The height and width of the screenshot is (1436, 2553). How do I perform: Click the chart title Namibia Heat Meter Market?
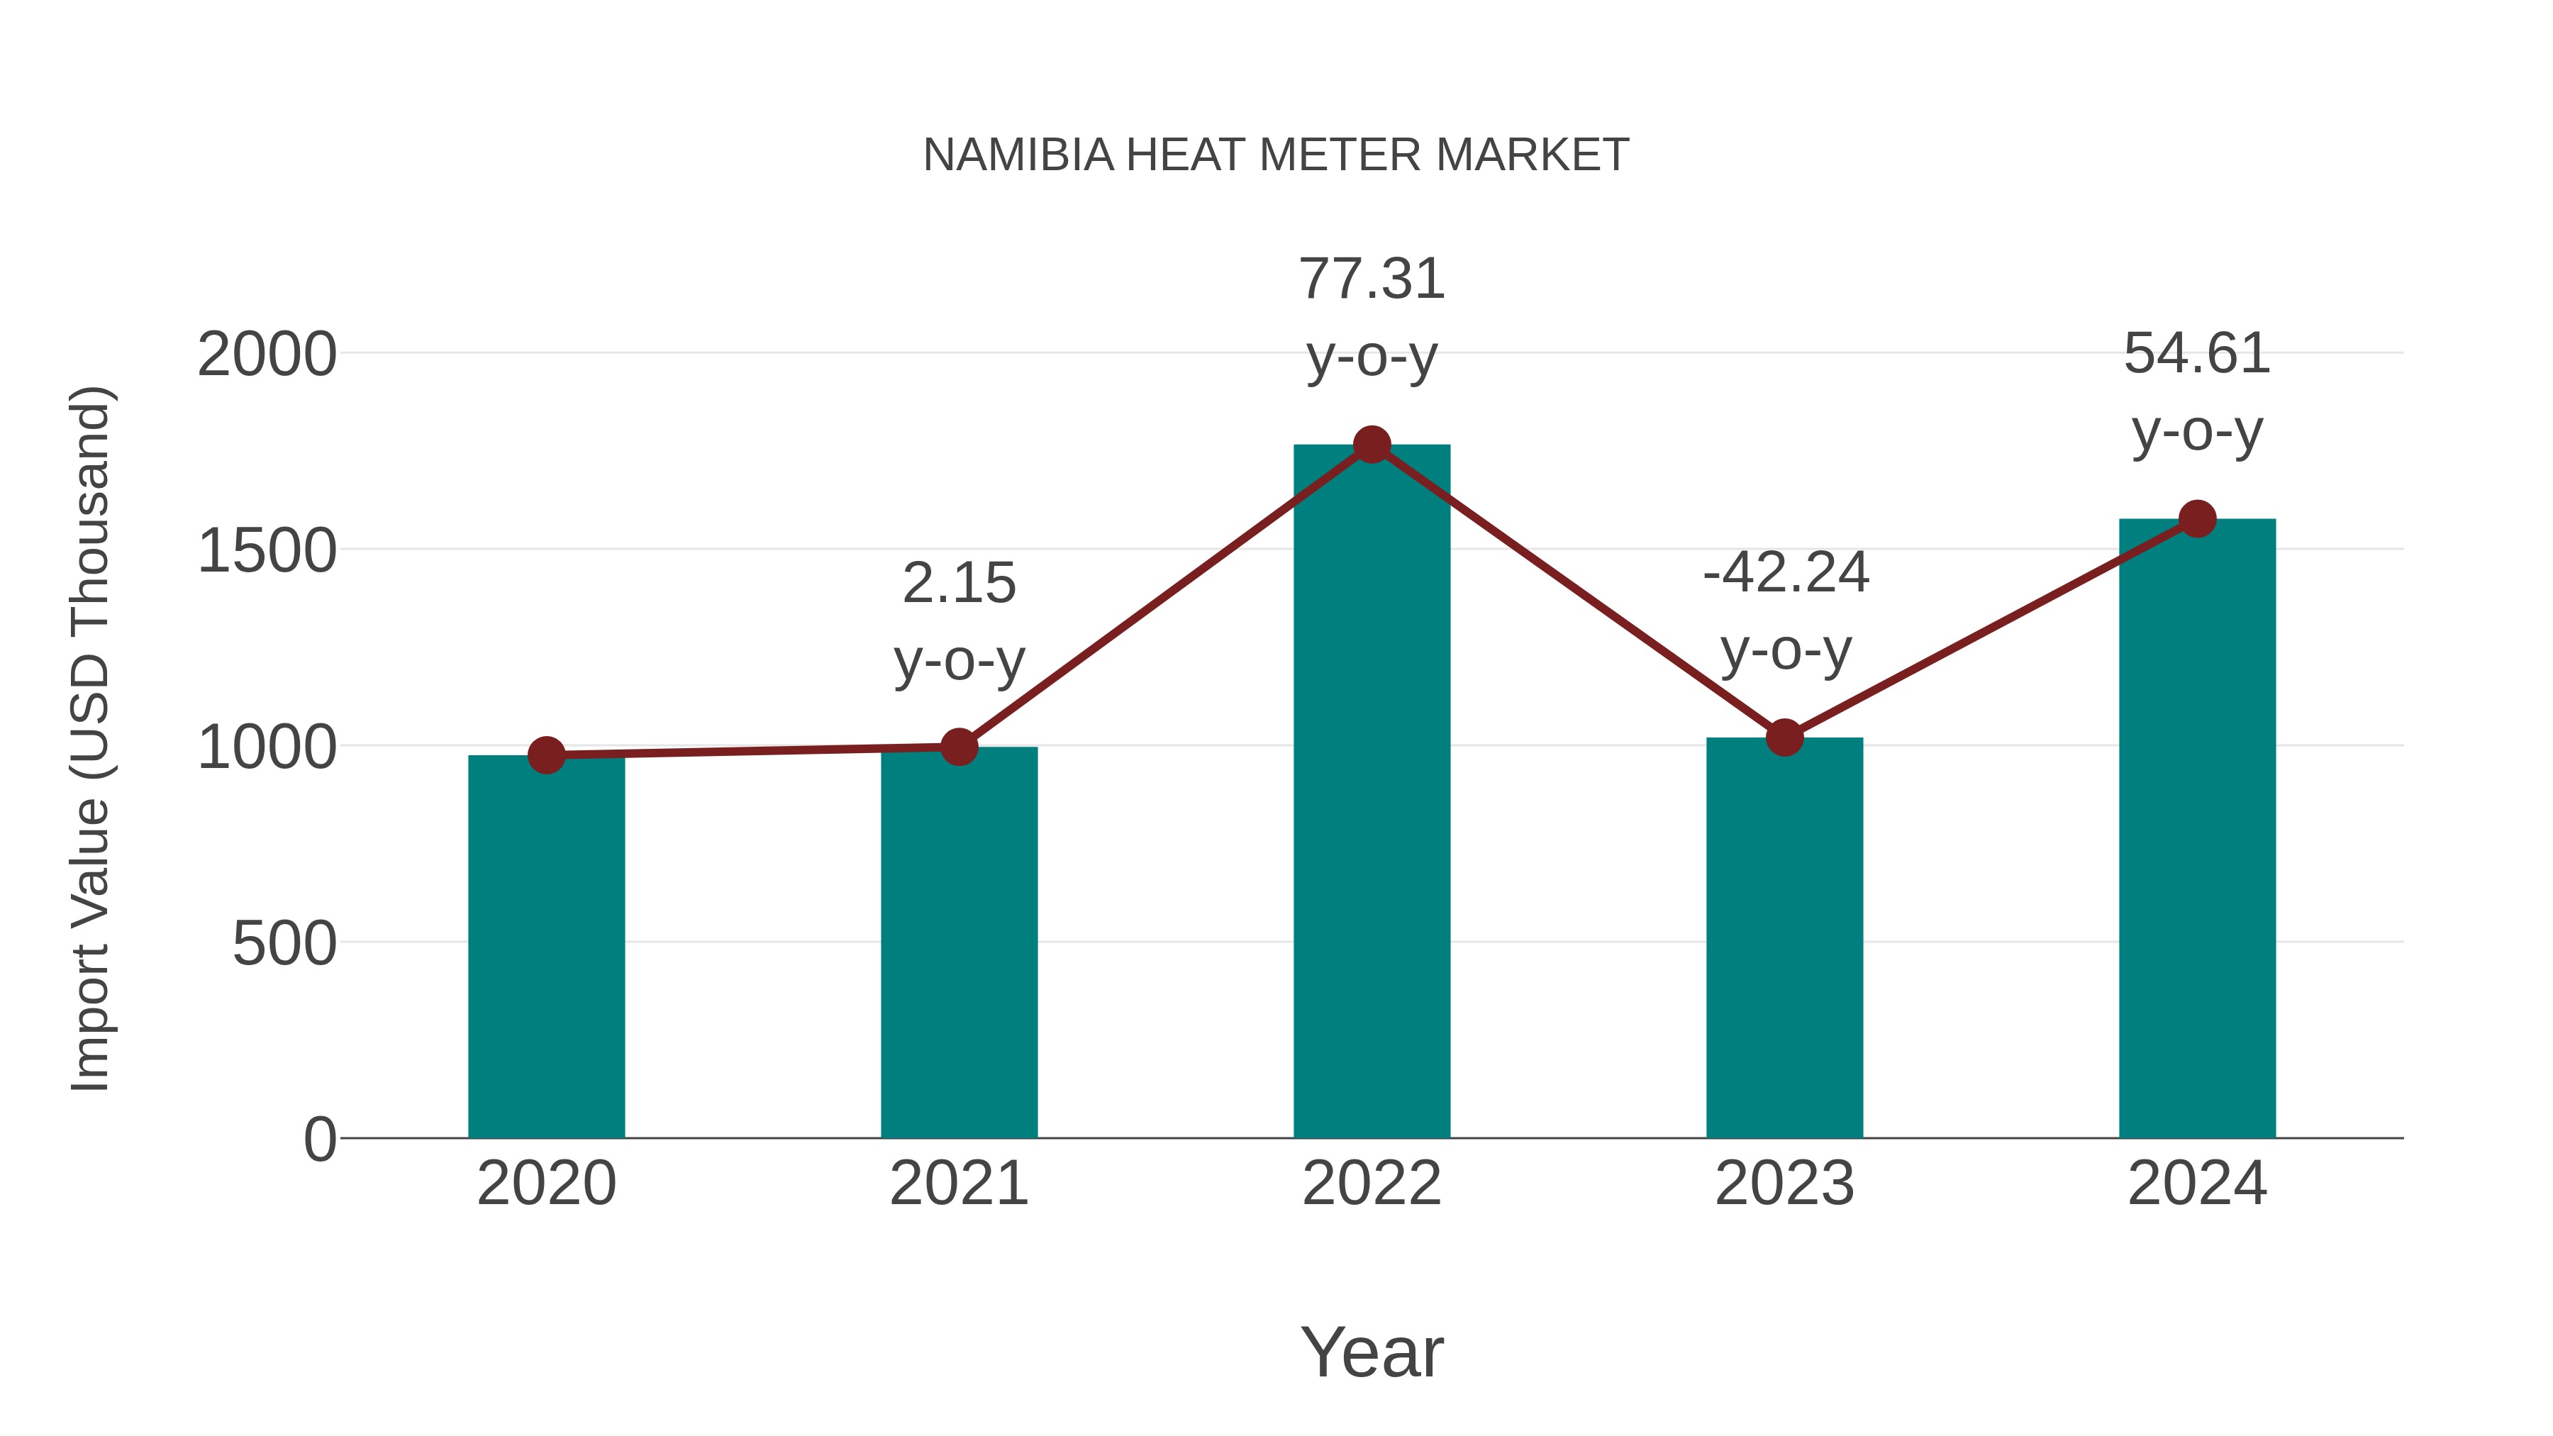click(1276, 155)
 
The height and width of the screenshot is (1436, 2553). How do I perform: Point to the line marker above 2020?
click(546, 755)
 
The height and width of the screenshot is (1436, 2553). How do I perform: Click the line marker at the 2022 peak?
click(1372, 445)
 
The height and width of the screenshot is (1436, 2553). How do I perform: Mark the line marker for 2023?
click(1784, 738)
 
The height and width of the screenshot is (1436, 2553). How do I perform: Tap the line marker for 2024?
click(2197, 518)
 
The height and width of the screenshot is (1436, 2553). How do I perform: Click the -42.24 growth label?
click(1785, 611)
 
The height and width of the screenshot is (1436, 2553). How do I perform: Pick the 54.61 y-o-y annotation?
click(2197, 391)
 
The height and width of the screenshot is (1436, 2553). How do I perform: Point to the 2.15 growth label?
click(958, 620)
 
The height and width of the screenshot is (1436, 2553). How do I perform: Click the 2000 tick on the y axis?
click(267, 355)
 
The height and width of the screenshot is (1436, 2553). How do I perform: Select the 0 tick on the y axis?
click(319, 1140)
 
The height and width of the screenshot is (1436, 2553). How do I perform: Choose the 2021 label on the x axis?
click(958, 1184)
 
